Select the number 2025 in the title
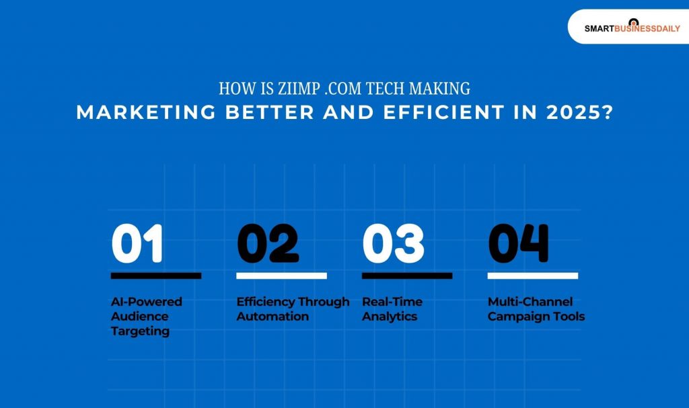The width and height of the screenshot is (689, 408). (x=571, y=112)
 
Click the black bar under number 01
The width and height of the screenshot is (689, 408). (x=156, y=276)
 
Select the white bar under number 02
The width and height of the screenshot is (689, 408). (x=281, y=276)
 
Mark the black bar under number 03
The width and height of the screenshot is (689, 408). (x=407, y=276)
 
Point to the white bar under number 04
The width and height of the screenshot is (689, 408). (x=533, y=276)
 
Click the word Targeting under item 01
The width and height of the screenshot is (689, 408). (x=140, y=331)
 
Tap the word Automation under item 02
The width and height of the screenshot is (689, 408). (x=273, y=317)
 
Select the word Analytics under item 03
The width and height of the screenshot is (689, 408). (x=390, y=317)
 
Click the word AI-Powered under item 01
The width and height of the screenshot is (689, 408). (x=147, y=302)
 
